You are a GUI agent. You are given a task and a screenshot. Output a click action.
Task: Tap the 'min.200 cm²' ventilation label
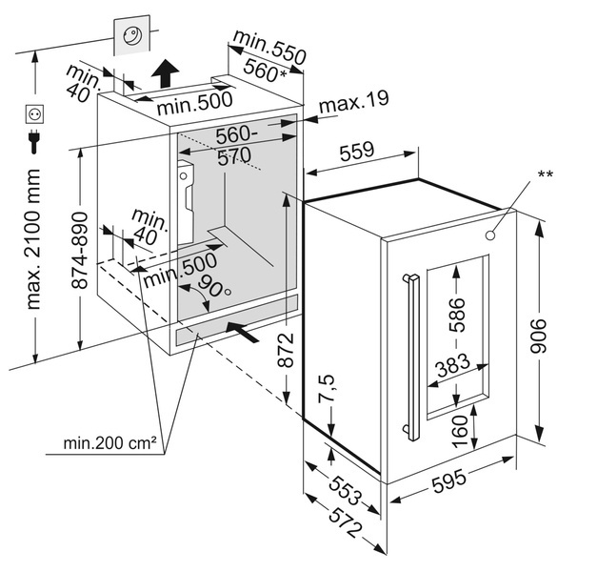click(x=109, y=442)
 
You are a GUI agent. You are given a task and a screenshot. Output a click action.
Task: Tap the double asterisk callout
click(x=545, y=174)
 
